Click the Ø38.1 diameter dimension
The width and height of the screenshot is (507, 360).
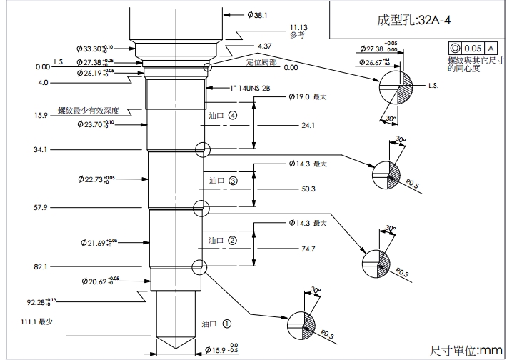257,14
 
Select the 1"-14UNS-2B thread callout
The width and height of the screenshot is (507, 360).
229,89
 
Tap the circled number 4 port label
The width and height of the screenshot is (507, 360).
233,114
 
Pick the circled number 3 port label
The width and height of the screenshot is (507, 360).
233,181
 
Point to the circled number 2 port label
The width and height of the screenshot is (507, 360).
233,240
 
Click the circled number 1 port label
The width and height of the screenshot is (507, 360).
227,323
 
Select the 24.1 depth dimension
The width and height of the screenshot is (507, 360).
308,125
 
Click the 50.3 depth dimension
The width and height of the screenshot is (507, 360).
308,189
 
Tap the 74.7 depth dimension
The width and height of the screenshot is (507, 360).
308,249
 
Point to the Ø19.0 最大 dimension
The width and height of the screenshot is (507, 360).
308,96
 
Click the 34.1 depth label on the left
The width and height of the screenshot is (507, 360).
40,150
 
